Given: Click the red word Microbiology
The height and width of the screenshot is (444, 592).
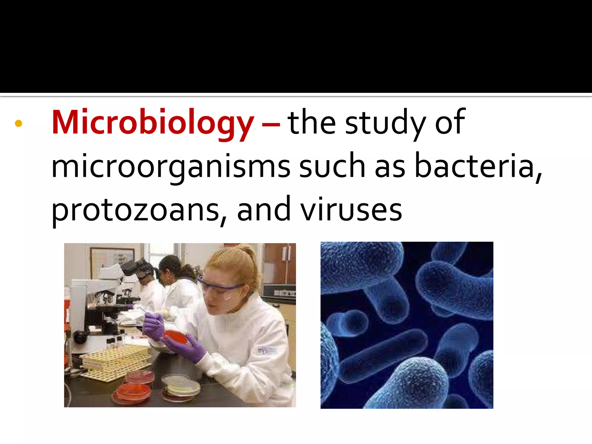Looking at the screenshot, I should pos(153,123).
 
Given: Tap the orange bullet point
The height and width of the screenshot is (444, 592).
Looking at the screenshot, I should pos(18,123).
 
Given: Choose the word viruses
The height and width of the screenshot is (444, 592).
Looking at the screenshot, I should pos(351,210).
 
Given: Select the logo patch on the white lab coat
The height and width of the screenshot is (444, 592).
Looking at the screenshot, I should pos(267,351).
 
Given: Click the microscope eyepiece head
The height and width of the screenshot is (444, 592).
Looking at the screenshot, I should pos(136,267).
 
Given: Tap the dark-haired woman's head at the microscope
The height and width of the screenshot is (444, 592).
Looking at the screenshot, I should pos(171,267).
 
